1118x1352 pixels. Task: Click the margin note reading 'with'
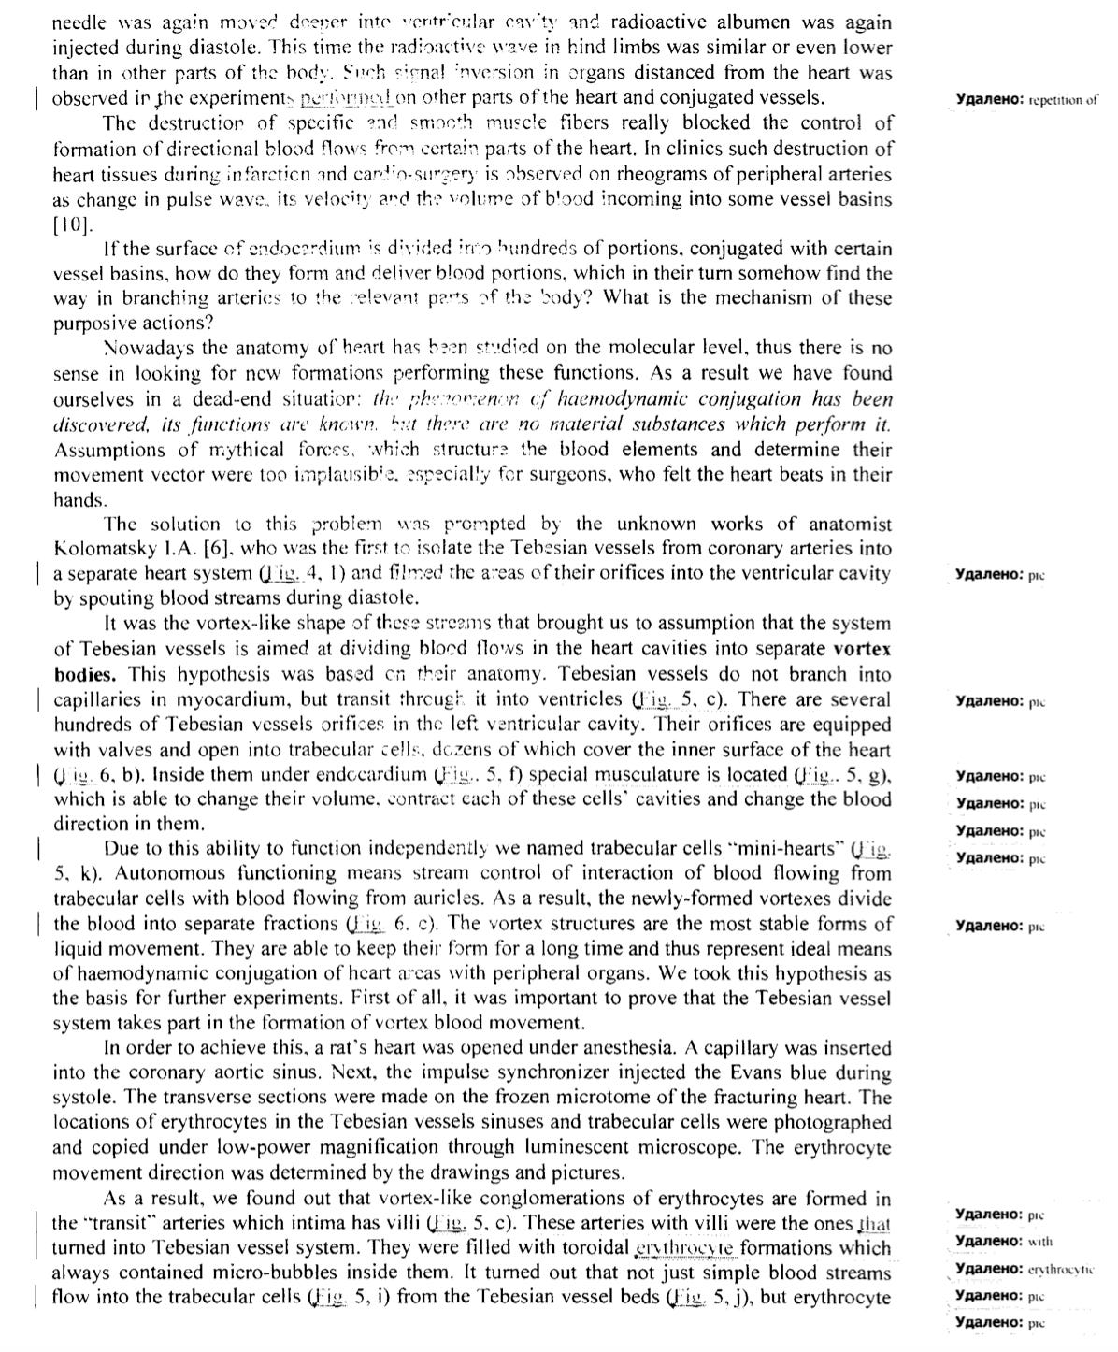point(1039,1242)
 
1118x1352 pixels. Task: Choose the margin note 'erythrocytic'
point(1060,1269)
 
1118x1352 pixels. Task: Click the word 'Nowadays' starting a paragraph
point(147,349)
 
